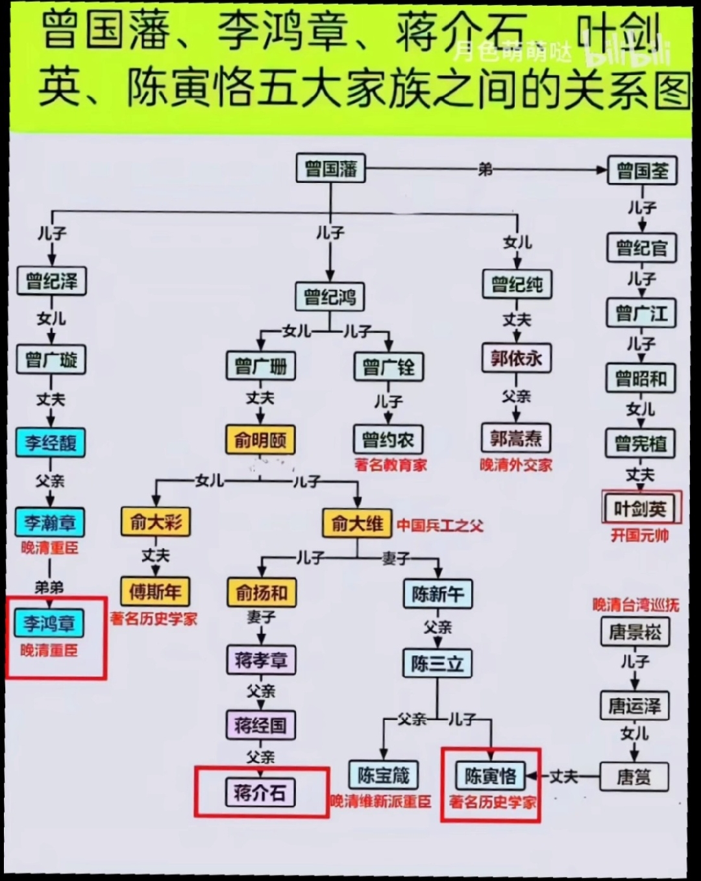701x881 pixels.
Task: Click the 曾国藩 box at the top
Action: pos(330,168)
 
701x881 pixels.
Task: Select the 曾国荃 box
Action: pos(642,171)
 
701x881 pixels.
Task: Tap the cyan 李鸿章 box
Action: pos(49,623)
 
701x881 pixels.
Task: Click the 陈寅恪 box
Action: pos(490,776)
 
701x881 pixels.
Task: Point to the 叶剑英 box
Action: pos(640,509)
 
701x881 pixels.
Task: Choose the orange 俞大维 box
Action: pos(357,523)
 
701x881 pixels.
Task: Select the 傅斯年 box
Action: pos(155,592)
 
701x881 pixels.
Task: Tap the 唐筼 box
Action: pos(634,777)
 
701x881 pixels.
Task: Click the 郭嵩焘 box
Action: pos(516,439)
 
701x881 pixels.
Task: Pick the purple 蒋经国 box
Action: pos(261,725)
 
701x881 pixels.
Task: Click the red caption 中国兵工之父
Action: pos(441,525)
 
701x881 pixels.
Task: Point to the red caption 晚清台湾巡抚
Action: pos(636,605)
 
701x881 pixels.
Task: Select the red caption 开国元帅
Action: pos(640,535)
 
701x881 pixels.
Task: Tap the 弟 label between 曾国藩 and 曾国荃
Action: pos(486,169)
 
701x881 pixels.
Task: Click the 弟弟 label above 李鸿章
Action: pos(49,588)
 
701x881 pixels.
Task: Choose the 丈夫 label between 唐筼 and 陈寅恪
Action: pos(564,776)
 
